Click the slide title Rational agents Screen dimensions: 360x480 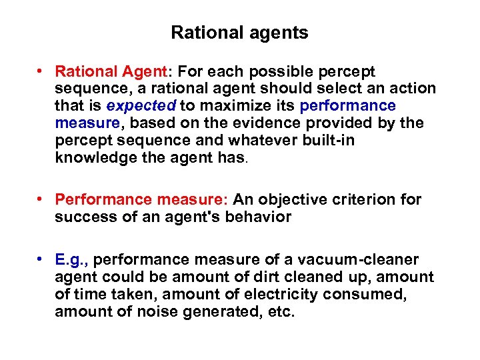[x=239, y=33]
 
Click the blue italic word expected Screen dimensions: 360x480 [x=141, y=106]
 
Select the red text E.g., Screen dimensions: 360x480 [x=71, y=259]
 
